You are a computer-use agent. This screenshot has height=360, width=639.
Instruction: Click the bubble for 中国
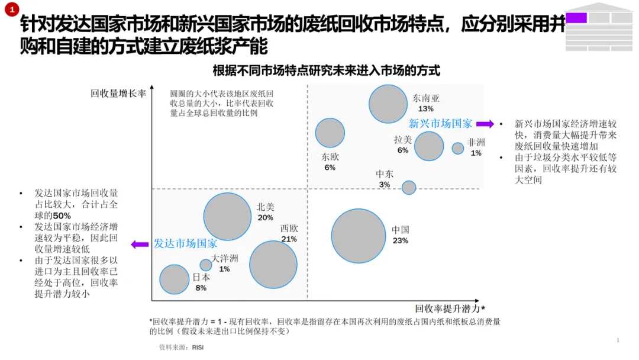coord(358,236)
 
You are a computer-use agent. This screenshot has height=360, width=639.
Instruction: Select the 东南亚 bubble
coord(388,104)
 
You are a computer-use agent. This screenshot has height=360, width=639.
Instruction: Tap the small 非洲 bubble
coord(457,148)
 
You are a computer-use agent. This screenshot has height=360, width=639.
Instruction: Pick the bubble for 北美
coord(227,217)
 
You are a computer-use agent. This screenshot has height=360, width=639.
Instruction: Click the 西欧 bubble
coord(273,265)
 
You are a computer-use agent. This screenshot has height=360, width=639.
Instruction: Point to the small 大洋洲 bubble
coord(206,265)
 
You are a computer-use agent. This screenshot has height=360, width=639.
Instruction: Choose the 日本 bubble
coord(175,279)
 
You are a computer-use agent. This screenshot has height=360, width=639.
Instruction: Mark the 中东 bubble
coord(409,188)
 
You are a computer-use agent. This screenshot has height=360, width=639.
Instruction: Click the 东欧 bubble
coord(330,133)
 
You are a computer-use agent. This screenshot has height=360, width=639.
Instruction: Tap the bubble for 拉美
coord(429,146)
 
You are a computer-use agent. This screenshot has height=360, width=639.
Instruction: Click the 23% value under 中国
coord(400,240)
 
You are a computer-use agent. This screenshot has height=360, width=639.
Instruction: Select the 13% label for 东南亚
coord(425,109)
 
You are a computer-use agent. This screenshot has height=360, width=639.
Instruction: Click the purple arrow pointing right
coord(485,124)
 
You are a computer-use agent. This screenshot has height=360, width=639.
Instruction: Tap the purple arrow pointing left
coord(140,244)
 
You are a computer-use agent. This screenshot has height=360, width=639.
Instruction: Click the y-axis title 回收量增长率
coord(118,94)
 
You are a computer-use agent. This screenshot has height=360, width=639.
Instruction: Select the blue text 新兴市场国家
coord(441,124)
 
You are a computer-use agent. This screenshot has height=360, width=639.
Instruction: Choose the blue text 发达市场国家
coord(185,244)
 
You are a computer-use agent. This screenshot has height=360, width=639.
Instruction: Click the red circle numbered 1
coord(12,9)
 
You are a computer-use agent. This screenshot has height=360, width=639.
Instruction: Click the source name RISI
coord(198,348)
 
